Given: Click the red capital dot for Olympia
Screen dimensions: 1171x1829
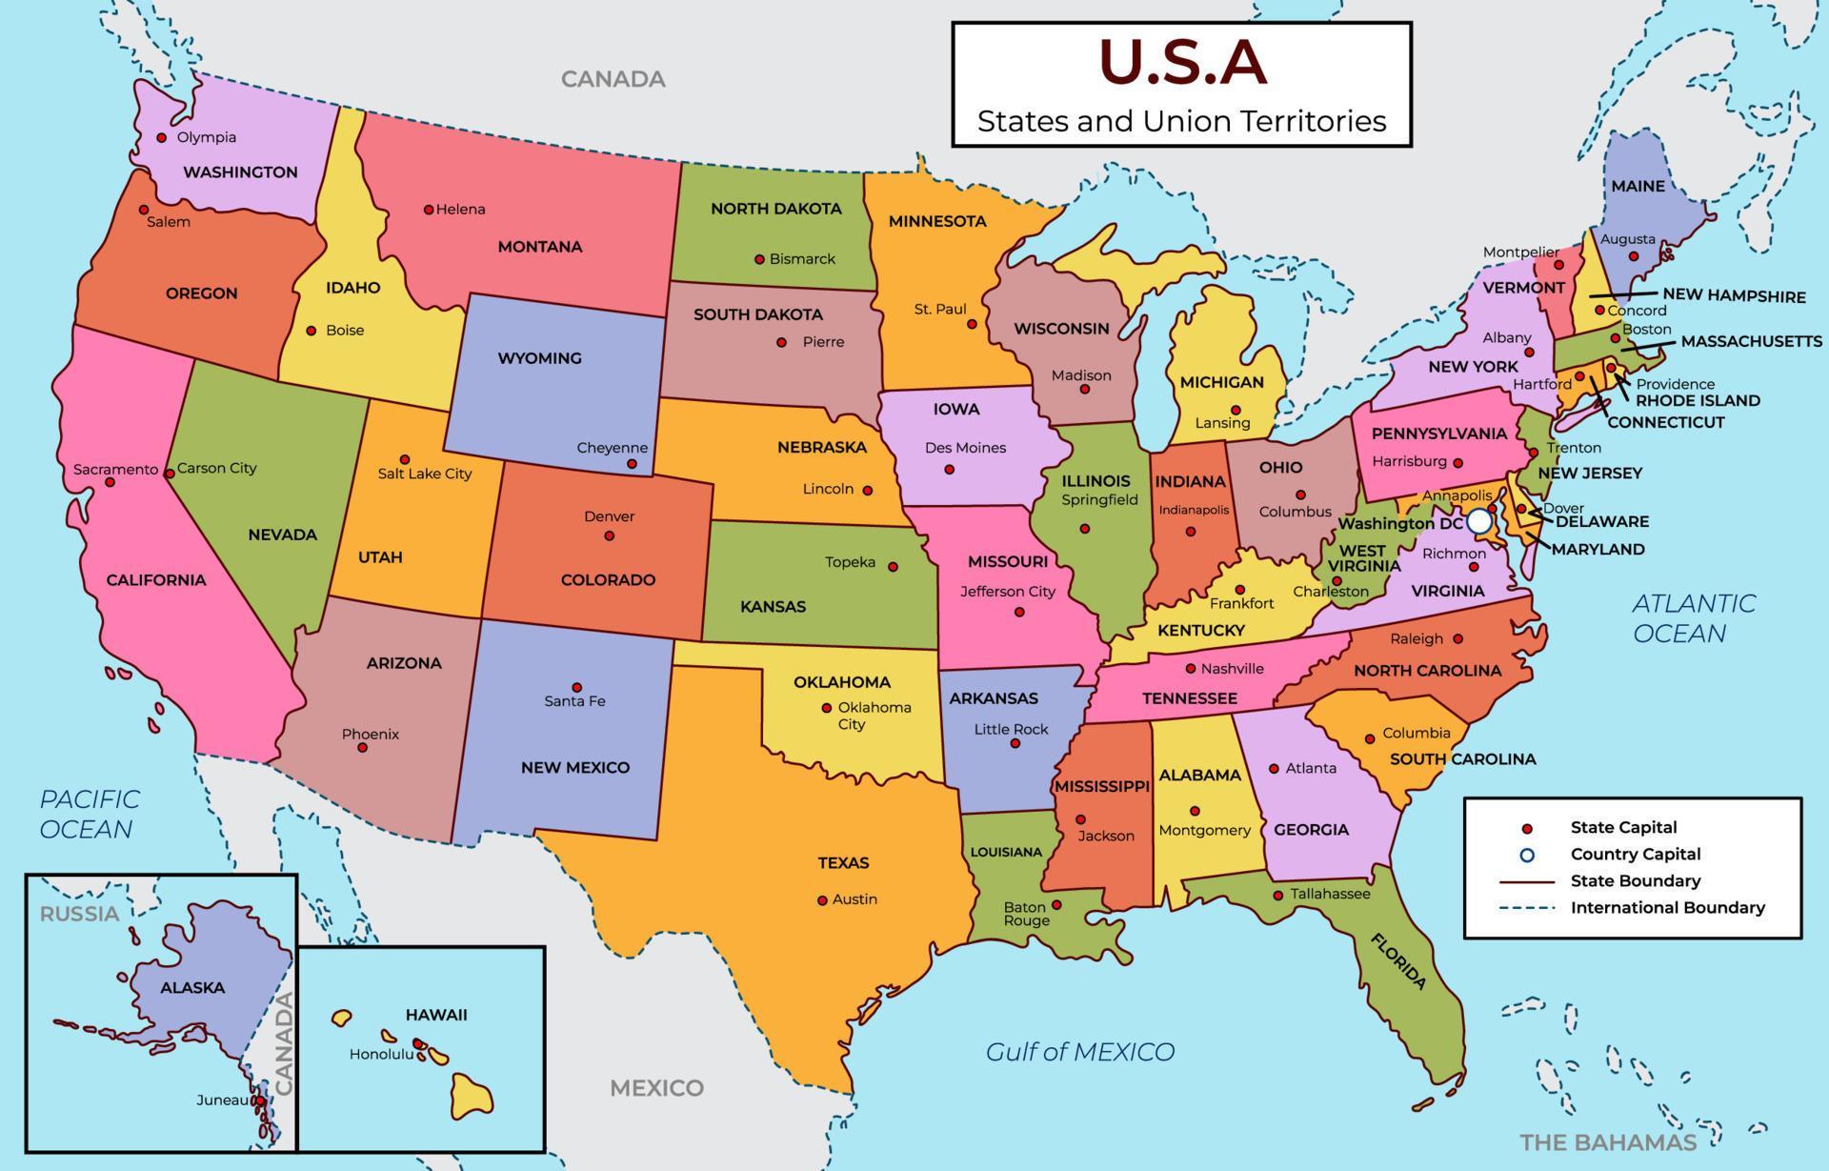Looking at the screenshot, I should click(162, 138).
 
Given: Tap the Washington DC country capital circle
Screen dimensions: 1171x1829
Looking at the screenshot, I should click(1478, 521).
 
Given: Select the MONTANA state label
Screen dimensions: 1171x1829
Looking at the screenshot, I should click(539, 247).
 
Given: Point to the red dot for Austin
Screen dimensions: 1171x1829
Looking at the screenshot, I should click(822, 900).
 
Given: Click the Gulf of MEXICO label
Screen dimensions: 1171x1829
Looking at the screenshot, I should click(1079, 1052).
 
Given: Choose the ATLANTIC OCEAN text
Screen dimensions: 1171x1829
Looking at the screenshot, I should click(1693, 618).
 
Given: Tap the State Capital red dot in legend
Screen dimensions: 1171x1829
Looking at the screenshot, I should click(1527, 828).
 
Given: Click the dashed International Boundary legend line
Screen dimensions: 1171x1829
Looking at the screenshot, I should click(1526, 908).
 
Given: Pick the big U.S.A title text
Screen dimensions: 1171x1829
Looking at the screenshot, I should click(1181, 63).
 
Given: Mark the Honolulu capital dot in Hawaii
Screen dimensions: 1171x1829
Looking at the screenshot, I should click(417, 1043).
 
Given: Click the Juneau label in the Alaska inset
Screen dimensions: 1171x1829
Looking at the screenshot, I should click(222, 1100).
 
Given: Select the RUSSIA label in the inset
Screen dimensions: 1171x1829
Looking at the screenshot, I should click(79, 915).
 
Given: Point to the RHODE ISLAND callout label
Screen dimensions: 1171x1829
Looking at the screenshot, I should click(1698, 401).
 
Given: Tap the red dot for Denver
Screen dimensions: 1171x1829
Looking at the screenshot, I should click(610, 535).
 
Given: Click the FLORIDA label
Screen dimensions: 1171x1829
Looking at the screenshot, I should click(1398, 960).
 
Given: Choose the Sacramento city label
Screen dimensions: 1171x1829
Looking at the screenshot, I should click(115, 470).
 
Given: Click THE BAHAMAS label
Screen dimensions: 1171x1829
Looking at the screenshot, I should click(1607, 1142).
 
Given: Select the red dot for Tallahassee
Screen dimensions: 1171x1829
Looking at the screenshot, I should click(1278, 896).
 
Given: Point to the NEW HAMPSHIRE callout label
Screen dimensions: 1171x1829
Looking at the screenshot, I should click(1734, 296).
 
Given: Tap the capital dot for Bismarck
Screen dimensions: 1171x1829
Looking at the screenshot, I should click(759, 259).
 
